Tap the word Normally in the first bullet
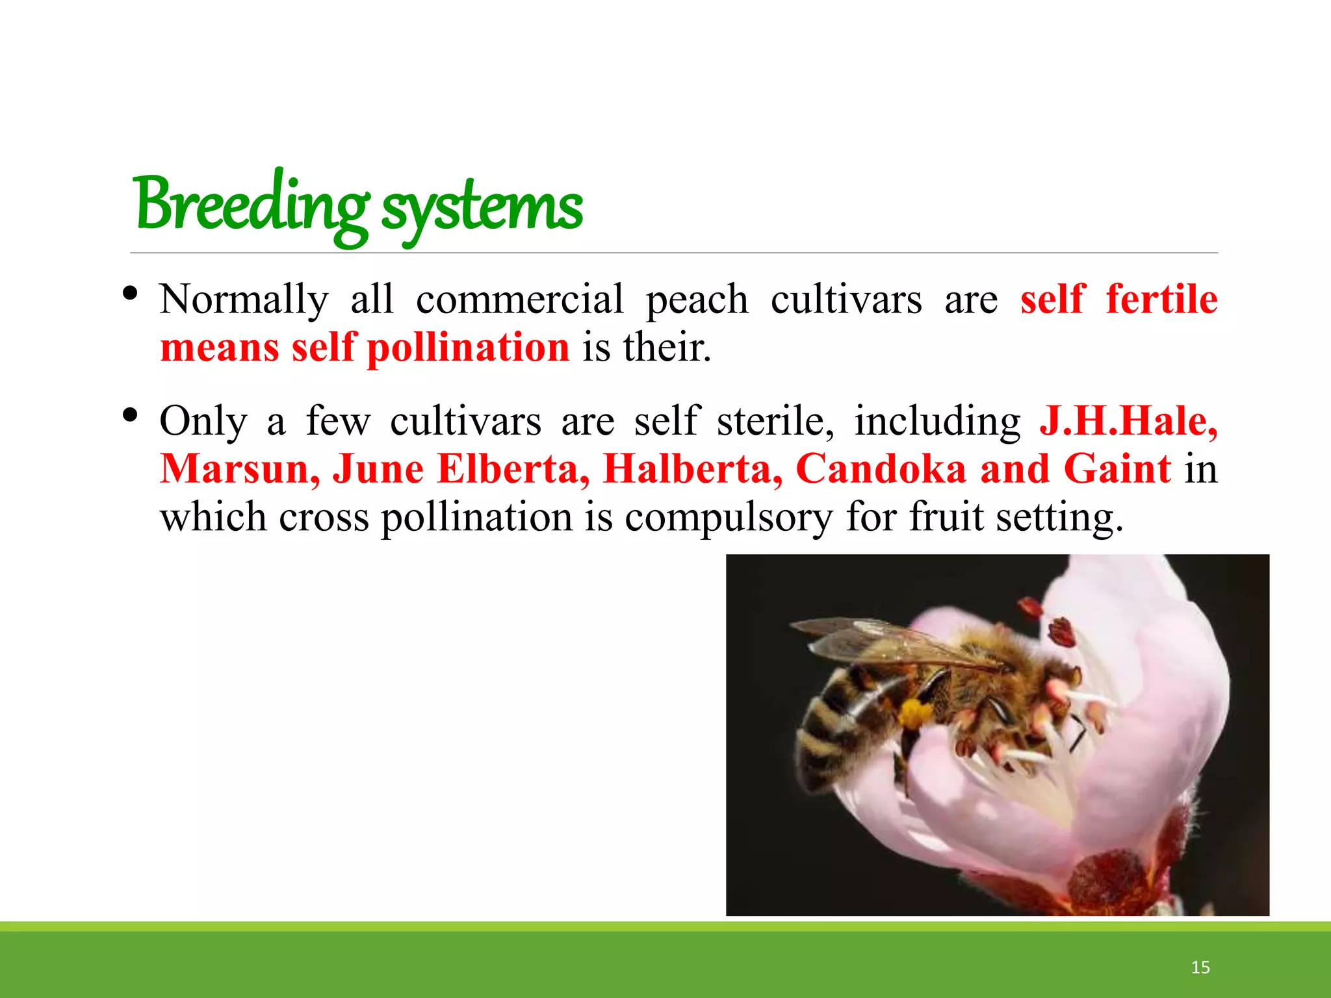[244, 300]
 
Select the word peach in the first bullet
[697, 300]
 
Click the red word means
[220, 347]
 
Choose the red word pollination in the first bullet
[468, 347]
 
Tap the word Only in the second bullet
[203, 421]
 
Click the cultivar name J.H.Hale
[1128, 420]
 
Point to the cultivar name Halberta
[693, 468]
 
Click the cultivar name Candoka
[881, 468]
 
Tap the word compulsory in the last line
[729, 518]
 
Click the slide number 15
[1200, 967]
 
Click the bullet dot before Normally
[130, 294]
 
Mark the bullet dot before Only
[130, 415]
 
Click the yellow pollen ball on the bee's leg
[914, 713]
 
